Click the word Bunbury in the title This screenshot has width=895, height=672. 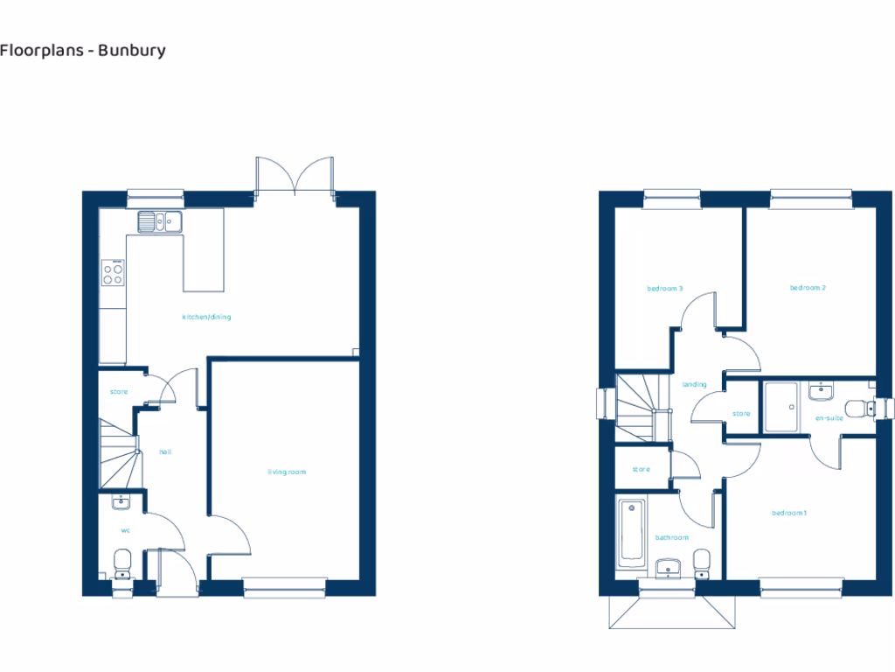point(133,50)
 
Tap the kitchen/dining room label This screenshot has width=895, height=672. point(206,317)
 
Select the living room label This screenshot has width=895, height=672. point(287,472)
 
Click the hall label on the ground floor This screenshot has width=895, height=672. point(164,451)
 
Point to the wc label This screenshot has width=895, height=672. point(125,529)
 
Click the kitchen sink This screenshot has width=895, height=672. point(158,221)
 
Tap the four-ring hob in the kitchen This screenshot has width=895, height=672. point(113,274)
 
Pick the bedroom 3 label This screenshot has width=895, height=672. point(664,288)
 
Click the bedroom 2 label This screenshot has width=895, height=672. point(808,288)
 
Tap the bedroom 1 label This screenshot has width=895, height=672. point(788,513)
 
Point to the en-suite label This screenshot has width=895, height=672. point(829,419)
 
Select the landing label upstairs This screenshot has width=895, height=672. point(694,384)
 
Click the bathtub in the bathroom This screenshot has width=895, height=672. point(629,532)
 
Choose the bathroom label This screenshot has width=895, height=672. point(672,537)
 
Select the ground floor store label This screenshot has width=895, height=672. point(119,391)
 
